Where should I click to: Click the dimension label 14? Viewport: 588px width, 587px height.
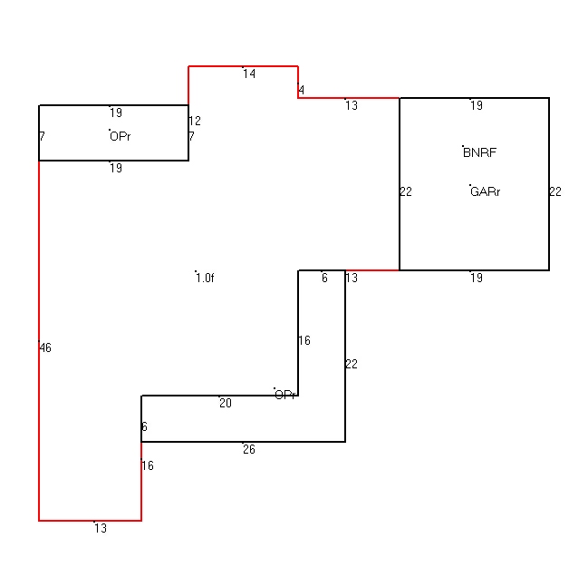click(249, 73)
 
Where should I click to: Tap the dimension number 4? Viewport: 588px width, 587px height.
click(301, 90)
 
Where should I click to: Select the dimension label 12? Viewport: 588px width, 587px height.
click(195, 121)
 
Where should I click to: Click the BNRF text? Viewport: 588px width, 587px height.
click(479, 152)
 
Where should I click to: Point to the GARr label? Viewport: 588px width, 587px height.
click(486, 192)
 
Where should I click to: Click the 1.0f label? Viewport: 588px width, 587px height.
click(205, 278)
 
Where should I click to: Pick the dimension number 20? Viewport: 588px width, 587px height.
click(226, 403)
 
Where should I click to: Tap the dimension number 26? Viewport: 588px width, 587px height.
click(249, 449)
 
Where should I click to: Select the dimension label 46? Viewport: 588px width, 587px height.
click(45, 347)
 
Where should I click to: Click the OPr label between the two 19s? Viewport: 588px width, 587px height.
click(120, 136)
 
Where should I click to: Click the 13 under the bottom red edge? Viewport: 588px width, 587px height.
click(101, 528)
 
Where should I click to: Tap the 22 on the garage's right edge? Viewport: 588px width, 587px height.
click(555, 192)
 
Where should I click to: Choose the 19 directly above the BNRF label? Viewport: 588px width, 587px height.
click(477, 105)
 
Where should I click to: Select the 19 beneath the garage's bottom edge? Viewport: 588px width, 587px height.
click(477, 278)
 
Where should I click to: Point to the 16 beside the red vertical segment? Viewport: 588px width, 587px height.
click(148, 465)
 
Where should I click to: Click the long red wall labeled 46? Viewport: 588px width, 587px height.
click(39, 340)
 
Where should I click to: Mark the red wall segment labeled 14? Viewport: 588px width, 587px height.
click(243, 66)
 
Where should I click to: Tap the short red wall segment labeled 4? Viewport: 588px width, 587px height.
click(298, 83)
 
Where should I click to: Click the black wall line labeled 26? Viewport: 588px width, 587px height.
click(243, 442)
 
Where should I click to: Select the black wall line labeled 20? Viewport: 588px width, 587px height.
click(220, 396)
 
